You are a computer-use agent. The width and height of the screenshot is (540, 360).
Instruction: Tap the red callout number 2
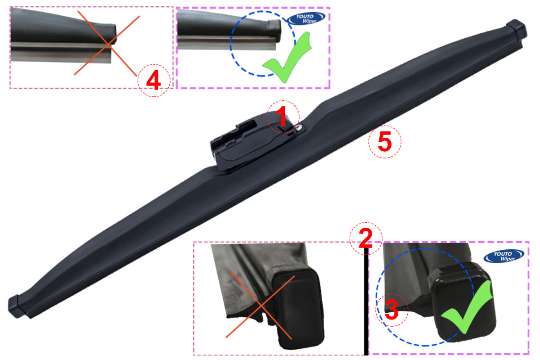[x=365, y=238]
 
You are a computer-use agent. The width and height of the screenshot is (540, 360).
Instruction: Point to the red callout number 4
[x=153, y=80]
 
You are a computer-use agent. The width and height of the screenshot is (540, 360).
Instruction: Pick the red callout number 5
[x=385, y=142]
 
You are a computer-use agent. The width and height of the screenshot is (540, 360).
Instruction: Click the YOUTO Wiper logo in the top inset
[x=306, y=18]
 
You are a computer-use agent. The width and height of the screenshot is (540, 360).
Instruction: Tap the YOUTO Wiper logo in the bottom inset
[x=504, y=256]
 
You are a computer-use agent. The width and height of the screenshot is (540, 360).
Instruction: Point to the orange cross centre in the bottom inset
[x=261, y=306]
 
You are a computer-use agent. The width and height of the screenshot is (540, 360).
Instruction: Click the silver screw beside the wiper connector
[x=299, y=127]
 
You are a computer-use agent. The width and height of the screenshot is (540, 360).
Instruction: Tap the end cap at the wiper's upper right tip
[x=517, y=30]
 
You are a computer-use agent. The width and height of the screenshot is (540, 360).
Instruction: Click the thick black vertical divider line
[x=366, y=301]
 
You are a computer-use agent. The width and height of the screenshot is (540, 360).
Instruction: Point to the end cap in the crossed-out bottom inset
[x=298, y=309]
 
